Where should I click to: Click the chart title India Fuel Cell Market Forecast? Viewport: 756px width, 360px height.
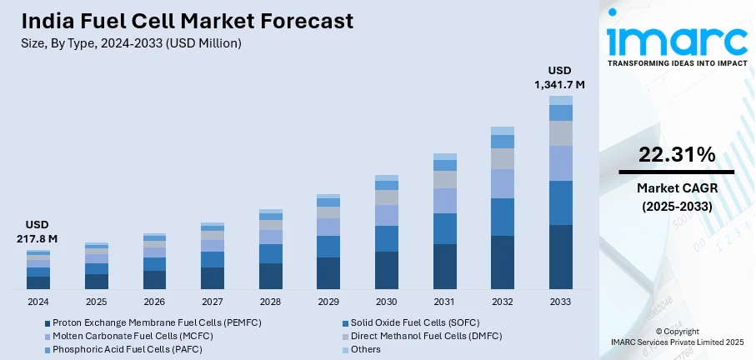point(177,21)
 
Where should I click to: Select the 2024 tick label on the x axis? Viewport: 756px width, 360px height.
point(38,302)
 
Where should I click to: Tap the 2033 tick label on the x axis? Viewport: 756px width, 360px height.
point(561,302)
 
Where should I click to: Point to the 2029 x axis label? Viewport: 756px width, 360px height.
point(328,302)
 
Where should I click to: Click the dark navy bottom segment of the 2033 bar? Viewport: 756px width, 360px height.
point(561,257)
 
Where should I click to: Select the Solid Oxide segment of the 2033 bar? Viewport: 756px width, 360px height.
point(561,202)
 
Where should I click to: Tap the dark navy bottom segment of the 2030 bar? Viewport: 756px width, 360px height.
point(387,270)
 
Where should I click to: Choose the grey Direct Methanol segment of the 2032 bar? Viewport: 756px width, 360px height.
point(503,158)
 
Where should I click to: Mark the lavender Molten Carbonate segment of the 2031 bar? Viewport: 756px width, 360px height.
point(444,201)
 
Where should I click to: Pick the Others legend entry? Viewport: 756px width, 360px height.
point(364,349)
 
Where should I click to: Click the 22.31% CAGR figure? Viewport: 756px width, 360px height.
point(677,154)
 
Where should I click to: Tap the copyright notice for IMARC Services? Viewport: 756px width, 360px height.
point(677,336)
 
